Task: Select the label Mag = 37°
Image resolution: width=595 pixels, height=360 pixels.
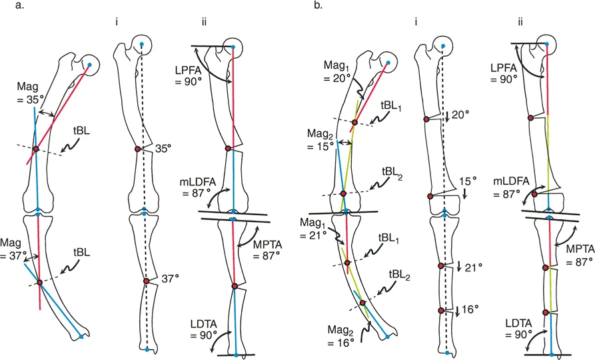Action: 15,248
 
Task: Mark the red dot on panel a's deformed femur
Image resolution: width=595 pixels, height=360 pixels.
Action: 35,148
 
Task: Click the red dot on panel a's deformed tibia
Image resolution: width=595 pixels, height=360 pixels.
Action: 39,283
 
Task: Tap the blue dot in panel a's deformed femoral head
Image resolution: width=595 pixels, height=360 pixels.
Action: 90,65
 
